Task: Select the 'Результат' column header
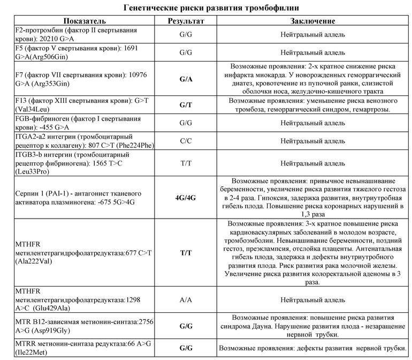point(186,21)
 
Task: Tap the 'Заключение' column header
point(312,21)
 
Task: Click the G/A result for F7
point(186,79)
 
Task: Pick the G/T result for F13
point(186,106)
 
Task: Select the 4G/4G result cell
point(186,198)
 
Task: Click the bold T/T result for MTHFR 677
point(186,252)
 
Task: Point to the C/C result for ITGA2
point(186,141)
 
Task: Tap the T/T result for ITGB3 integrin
point(186,163)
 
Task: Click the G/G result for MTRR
point(186,348)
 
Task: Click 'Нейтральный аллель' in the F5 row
point(312,52)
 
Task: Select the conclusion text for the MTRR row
point(316,348)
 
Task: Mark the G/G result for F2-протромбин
point(186,35)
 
